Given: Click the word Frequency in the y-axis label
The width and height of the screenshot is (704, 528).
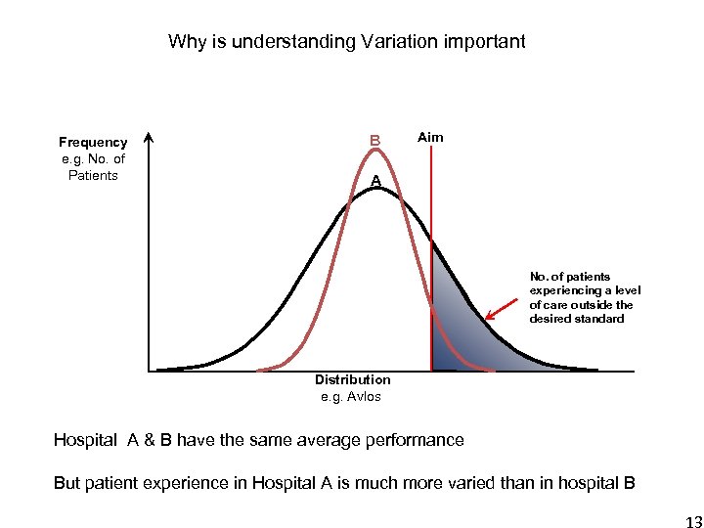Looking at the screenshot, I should [x=93, y=143].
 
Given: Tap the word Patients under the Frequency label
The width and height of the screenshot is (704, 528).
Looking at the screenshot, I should [x=93, y=176].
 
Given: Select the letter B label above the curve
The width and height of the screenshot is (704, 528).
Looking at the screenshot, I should [x=374, y=141].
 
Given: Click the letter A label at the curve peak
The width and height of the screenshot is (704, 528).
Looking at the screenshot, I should [x=374, y=181].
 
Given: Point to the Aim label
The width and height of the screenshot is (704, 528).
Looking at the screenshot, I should [x=430, y=137].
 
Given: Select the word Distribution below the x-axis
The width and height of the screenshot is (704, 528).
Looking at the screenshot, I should [x=352, y=380].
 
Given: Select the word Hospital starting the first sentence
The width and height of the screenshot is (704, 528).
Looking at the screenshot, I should [x=85, y=440].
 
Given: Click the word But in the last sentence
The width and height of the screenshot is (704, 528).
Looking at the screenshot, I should [x=67, y=483].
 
